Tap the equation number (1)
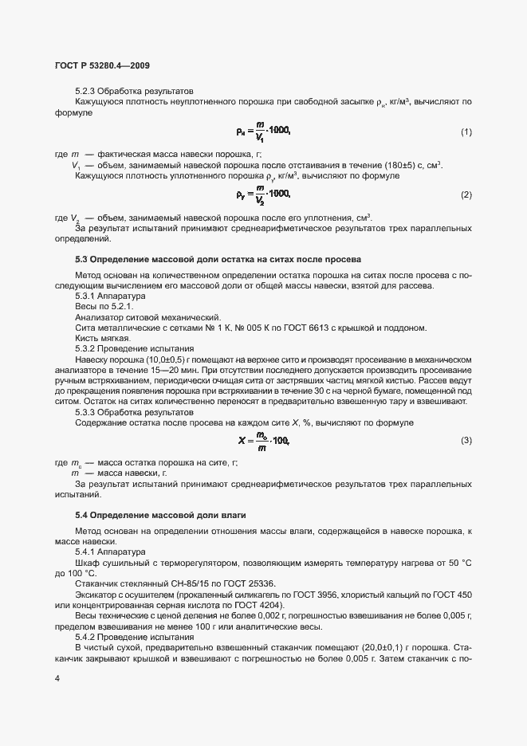pyautogui.click(x=466, y=131)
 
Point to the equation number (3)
pyautogui.click(x=466, y=441)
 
